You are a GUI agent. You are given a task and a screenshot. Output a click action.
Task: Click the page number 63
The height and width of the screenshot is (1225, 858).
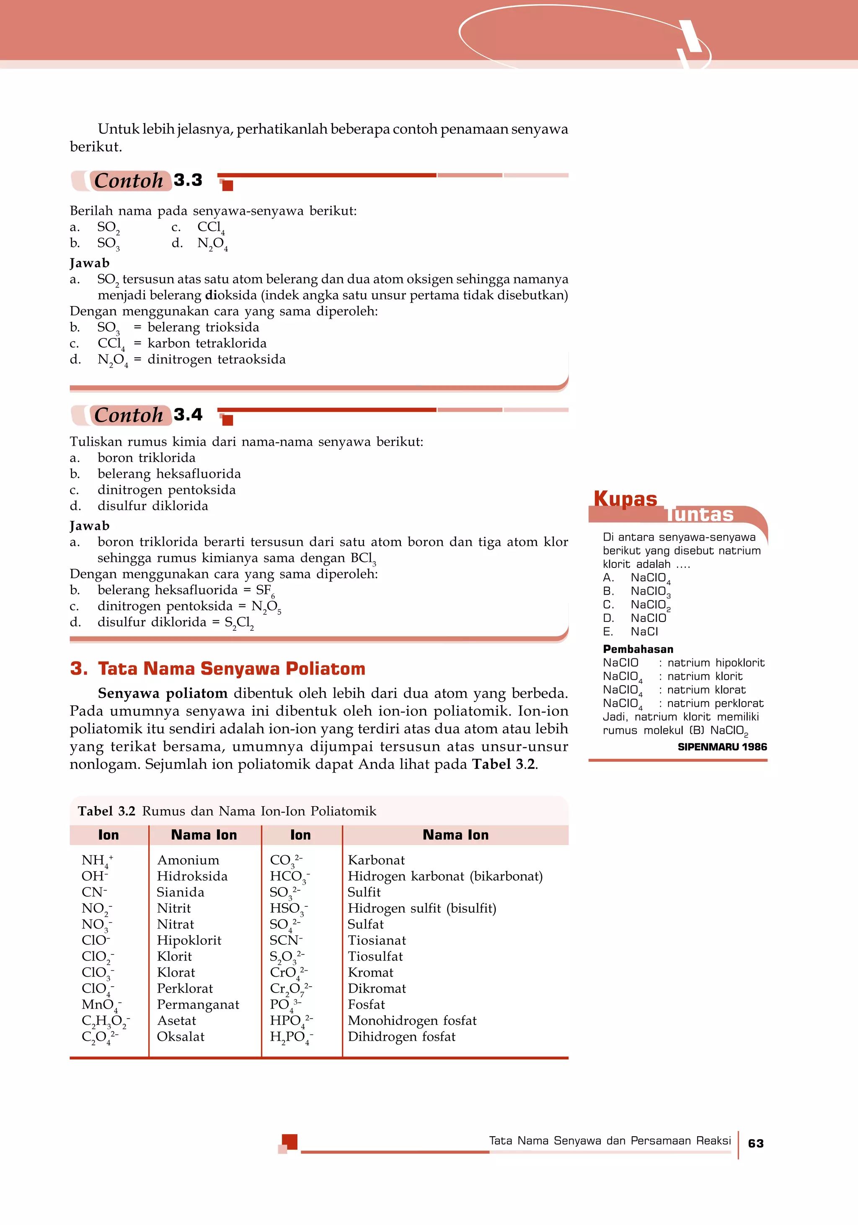click(x=755, y=1143)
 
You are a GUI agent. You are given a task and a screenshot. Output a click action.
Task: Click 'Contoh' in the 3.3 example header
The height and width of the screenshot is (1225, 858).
click(x=129, y=181)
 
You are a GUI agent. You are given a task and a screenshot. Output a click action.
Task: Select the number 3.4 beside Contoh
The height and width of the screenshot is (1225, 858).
click(x=188, y=415)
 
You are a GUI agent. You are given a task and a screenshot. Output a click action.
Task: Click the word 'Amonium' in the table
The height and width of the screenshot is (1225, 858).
click(x=188, y=860)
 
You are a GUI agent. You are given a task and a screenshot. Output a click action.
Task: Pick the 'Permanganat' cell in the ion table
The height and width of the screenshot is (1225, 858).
click(x=198, y=1005)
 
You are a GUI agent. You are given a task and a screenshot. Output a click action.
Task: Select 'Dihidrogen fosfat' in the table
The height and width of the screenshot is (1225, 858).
click(x=401, y=1037)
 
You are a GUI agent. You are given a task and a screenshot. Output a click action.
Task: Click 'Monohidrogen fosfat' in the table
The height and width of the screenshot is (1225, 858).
click(x=412, y=1021)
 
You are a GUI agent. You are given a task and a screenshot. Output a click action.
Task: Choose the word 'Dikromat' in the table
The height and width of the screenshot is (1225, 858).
click(x=377, y=989)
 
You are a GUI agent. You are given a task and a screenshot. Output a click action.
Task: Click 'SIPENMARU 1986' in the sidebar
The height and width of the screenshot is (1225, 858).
click(x=722, y=747)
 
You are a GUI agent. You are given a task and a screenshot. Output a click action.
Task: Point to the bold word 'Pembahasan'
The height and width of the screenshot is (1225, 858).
click(x=638, y=649)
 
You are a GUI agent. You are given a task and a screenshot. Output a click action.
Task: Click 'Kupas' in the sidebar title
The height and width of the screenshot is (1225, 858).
click(x=625, y=498)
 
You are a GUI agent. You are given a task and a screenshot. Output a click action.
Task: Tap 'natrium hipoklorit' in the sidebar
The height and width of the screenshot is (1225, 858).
click(x=716, y=663)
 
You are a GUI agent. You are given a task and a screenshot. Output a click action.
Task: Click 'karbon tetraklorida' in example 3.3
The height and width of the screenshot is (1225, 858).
click(x=207, y=343)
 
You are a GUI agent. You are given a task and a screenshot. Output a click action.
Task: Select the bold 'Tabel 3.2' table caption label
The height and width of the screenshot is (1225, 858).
click(x=106, y=812)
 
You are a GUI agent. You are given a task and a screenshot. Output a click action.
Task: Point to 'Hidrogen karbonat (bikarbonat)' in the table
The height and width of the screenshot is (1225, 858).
click(x=445, y=876)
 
